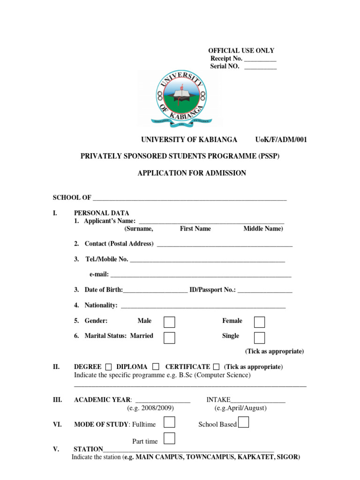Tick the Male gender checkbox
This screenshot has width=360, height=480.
(x=169, y=322)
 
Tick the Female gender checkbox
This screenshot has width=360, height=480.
(x=259, y=322)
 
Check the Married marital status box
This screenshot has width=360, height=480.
(x=169, y=337)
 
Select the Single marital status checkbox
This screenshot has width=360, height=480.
(x=259, y=337)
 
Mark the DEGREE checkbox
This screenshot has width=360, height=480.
(x=109, y=367)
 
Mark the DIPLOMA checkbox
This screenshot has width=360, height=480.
(x=156, y=367)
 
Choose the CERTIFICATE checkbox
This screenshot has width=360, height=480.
(x=216, y=367)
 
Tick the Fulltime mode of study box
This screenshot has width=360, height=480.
(x=169, y=422)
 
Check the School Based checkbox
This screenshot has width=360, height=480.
(x=243, y=422)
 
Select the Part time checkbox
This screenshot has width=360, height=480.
(x=169, y=438)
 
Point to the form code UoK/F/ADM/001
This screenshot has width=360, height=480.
(x=281, y=140)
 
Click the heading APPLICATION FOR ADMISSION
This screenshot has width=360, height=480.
(x=191, y=173)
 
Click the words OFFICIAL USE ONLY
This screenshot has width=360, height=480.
(x=241, y=51)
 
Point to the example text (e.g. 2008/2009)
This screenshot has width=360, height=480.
(x=150, y=408)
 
